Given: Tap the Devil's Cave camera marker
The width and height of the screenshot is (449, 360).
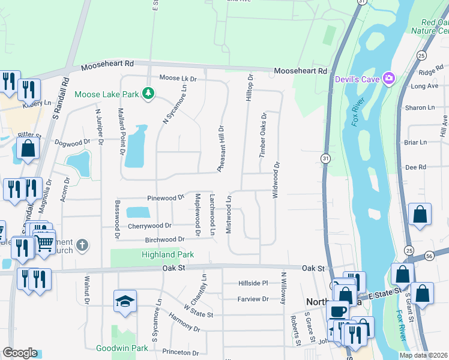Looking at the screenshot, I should tap(389, 78).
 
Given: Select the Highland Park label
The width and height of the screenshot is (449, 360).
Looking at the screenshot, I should tap(167, 254).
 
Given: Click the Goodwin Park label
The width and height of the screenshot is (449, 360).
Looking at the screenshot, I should tap(122, 348).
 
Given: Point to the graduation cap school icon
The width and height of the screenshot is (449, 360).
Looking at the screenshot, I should tap(125, 301).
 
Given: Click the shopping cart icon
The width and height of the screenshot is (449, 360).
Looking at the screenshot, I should tap(44, 243).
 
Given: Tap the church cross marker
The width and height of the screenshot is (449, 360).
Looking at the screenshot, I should tap(82, 245).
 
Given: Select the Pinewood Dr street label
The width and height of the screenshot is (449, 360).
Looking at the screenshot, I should tap(166, 197).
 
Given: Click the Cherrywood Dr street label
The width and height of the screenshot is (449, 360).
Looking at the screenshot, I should tap(149, 226).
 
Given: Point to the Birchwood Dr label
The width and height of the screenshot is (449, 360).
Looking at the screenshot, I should tap(165, 239).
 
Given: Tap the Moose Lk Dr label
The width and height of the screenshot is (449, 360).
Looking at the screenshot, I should tap(178, 79).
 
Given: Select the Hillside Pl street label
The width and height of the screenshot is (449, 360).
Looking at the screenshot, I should tap(253, 283).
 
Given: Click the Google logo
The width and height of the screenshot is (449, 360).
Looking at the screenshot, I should tap(20, 353).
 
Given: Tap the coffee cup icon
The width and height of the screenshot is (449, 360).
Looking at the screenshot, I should tap(338, 311).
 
